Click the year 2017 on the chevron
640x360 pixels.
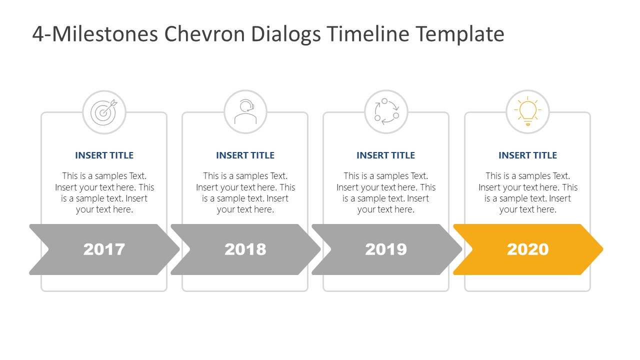click(104, 249)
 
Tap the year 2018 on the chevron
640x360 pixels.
click(245, 249)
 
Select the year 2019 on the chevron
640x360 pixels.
click(386, 249)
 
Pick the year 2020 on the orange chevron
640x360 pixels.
click(527, 249)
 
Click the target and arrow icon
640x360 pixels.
click(103, 112)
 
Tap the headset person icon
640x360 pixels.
click(245, 111)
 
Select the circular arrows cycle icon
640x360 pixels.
click(386, 111)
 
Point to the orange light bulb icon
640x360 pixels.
click(527, 111)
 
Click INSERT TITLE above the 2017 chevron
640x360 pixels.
click(104, 155)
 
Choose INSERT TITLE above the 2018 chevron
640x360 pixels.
click(245, 155)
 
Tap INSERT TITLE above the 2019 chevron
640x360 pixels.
click(385, 155)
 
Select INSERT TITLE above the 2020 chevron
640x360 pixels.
click(527, 155)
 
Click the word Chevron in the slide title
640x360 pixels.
click(204, 34)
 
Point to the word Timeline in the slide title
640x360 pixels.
click(368, 34)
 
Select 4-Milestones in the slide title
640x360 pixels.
click(95, 34)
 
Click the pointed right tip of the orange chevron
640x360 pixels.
click(603, 249)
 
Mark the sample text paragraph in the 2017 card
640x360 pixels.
click(104, 192)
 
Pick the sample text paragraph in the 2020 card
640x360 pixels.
click(527, 192)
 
